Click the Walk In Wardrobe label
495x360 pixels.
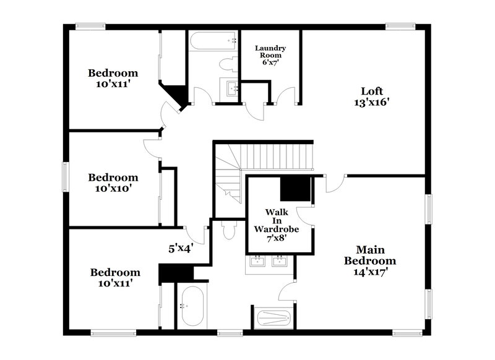pos(277,220)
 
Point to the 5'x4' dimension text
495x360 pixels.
pos(181,249)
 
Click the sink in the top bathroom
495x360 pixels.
pos(232,88)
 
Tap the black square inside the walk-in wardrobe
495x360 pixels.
pos(295,188)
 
